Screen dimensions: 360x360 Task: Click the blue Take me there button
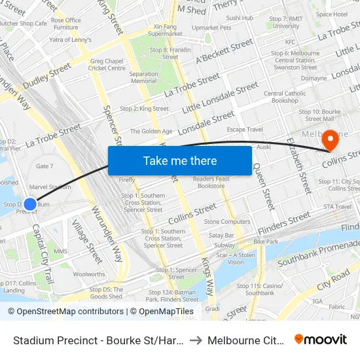pyautogui.click(x=179, y=160)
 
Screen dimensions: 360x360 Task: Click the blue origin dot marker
pyautogui.click(x=30, y=204)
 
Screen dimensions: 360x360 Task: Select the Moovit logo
pyautogui.click(x=321, y=339)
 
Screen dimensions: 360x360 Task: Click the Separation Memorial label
pyautogui.click(x=143, y=77)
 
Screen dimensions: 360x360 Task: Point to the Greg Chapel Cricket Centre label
pyautogui.click(x=107, y=64)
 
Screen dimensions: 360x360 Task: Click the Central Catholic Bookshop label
pyautogui.click(x=285, y=97)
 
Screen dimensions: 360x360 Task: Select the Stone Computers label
pyautogui.click(x=227, y=222)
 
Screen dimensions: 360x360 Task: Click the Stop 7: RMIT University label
pyautogui.click(x=286, y=22)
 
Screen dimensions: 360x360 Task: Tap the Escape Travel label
pyautogui.click(x=245, y=130)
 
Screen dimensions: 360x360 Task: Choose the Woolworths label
pyautogui.click(x=89, y=274)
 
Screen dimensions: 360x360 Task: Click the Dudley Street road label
pyautogui.click(x=46, y=77)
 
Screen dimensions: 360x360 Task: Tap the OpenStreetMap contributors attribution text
pyautogui.click(x=65, y=312)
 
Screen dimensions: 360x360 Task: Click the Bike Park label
pyautogui.click(x=266, y=242)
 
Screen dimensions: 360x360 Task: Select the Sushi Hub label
pyautogui.click(x=240, y=18)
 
